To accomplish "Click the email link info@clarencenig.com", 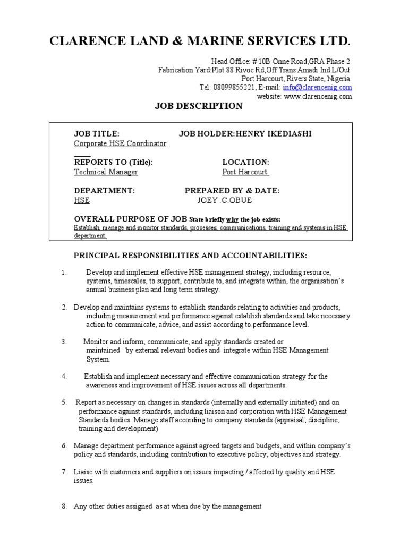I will (326, 87).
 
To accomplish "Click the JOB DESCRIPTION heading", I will (199, 106).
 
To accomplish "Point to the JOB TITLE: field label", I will (97, 134).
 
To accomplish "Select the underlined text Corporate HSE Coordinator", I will (120, 143).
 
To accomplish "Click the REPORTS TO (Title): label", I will (116, 162).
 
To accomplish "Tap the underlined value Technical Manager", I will (106, 172).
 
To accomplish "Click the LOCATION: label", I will (245, 162).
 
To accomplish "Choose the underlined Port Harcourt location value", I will (245, 172).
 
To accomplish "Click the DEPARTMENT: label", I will (104, 190).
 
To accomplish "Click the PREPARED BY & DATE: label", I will (232, 190).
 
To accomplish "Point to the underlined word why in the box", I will (232, 219).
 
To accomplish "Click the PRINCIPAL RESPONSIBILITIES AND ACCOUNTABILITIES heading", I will (190, 256).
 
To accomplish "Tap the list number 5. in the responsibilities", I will (64, 402).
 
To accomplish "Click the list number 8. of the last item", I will (64, 506).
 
